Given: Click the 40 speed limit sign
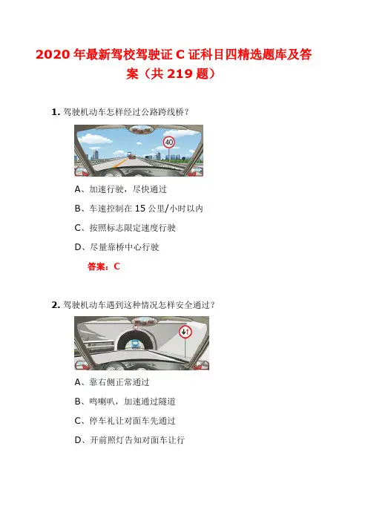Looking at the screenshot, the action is click(169, 142).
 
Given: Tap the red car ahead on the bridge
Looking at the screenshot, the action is click(131, 156).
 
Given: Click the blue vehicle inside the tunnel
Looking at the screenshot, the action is click(135, 344).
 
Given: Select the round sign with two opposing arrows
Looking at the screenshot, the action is click(185, 332).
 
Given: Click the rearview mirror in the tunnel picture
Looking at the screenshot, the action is click(144, 321).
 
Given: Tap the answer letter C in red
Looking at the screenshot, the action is click(116, 266).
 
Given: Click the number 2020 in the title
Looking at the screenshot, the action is click(53, 54).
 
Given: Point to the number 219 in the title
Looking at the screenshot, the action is click(180, 73).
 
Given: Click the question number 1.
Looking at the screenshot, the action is click(54, 112).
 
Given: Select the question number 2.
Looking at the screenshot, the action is click(54, 305).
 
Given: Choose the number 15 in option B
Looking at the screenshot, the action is click(140, 209).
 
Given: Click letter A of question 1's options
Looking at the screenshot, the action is click(77, 189).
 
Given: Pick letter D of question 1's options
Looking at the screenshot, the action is click(78, 247).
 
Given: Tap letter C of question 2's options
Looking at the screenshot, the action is click(78, 421).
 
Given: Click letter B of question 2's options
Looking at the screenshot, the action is click(77, 402).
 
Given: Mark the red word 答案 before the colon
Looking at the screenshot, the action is click(96, 266).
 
